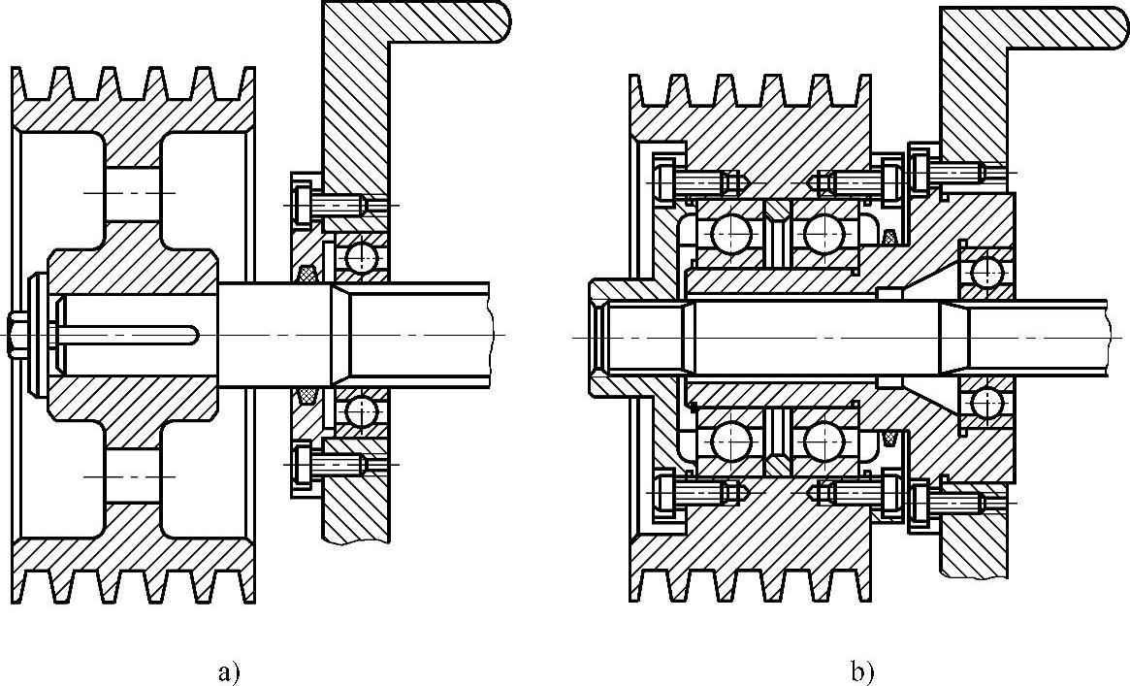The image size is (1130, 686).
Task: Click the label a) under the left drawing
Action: tap(229, 672)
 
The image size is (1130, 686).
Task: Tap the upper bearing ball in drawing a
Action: tap(363, 256)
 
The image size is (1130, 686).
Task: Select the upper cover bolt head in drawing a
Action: tap(301, 205)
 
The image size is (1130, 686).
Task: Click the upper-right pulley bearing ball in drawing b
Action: tap(823, 233)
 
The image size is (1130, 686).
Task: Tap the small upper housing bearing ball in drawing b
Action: tap(987, 271)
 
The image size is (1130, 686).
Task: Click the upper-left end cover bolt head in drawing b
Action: tap(665, 180)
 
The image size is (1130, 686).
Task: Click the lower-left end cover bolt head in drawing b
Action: tap(665, 493)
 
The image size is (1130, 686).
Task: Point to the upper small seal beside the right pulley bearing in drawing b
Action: tap(890, 236)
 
